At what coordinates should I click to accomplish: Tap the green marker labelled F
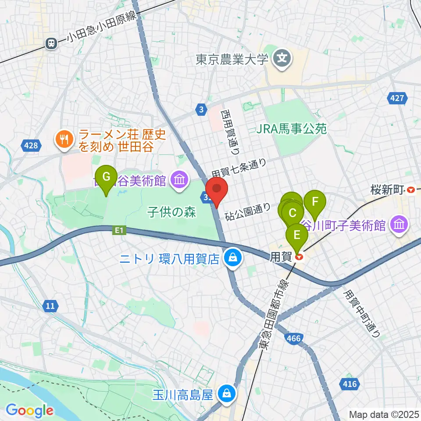(314, 202)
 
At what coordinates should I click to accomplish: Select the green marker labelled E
(297, 235)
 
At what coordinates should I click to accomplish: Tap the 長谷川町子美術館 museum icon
(400, 225)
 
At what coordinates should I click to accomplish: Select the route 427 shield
(397, 99)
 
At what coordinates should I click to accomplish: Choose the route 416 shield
(350, 385)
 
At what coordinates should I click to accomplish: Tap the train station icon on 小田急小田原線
(52, 43)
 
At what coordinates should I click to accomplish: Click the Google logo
(29, 410)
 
